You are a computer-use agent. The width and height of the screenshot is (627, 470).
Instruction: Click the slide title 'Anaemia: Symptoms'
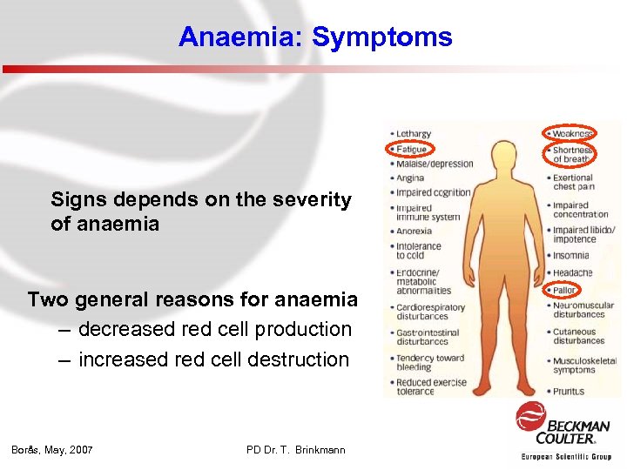point(315,37)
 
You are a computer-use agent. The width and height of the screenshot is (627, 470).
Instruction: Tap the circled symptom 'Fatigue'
point(410,149)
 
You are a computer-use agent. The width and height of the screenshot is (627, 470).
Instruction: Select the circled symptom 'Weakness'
point(571,133)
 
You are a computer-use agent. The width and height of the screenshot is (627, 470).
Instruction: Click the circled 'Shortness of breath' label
point(571,154)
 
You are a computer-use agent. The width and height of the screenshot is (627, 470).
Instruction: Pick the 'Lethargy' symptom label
point(413,134)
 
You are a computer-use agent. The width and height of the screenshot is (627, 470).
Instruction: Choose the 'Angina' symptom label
point(410,178)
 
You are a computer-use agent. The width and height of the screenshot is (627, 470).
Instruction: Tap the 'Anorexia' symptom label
point(415,232)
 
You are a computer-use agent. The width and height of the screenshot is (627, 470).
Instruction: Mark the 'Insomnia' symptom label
point(570,256)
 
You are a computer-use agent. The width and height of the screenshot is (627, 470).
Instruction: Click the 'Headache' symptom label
point(572,273)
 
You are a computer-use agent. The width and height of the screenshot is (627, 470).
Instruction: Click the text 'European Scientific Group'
point(566,456)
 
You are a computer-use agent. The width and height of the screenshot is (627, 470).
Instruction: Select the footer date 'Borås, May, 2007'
point(52,449)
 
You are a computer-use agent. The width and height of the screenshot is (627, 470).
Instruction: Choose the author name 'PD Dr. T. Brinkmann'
point(296,449)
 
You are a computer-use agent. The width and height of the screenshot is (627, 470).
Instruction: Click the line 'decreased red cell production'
point(215,329)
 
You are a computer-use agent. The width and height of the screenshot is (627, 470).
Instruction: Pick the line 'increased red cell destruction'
point(213,359)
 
